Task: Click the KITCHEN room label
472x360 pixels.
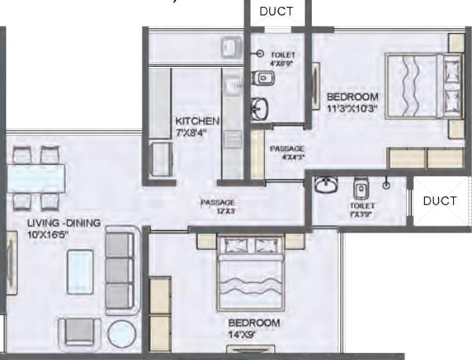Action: tap(197, 122)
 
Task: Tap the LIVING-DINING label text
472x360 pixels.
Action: tap(64, 223)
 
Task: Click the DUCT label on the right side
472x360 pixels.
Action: tap(439, 200)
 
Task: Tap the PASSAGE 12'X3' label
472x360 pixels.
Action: tap(218, 206)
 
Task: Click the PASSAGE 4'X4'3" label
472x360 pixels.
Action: tap(287, 152)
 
